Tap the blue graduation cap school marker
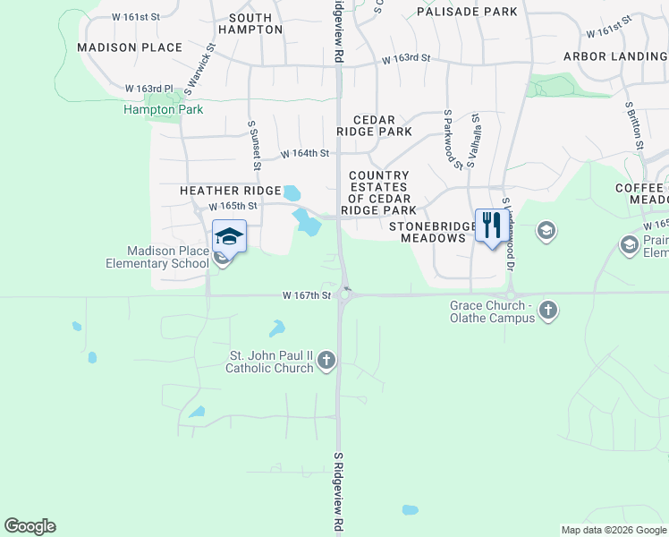[x=229, y=237]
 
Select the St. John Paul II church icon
[x=326, y=361]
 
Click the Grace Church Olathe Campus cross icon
[x=548, y=311]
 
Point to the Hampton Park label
[x=163, y=110]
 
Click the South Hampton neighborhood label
[x=256, y=23]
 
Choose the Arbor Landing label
[x=615, y=56]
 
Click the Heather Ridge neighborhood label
[x=231, y=191]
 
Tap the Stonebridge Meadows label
[x=433, y=232]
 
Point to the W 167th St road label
[x=307, y=294]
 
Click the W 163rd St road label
[x=405, y=59]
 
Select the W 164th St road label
[x=305, y=154]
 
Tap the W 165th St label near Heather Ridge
[x=233, y=206]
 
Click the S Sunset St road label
[x=254, y=145]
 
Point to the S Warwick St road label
[x=200, y=68]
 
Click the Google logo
[x=30, y=526]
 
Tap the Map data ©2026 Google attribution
[x=614, y=530]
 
